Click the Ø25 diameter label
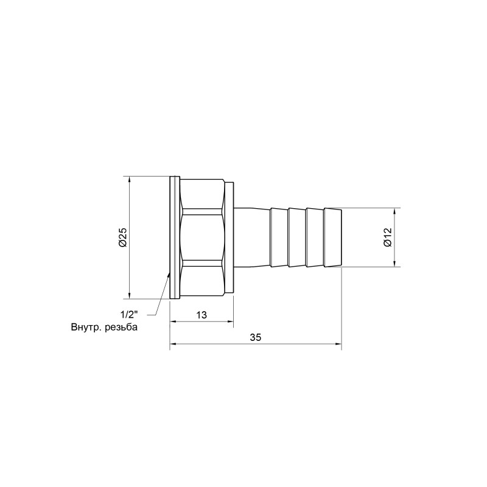coord(122,237)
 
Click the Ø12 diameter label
coord(387,237)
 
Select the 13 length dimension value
coord(201,315)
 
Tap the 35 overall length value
coord(255,338)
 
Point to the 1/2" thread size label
coord(130,315)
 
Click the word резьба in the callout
coord(120,328)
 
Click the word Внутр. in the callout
coord(85,328)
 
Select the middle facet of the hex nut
coord(203,237)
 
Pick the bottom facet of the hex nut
coord(203,280)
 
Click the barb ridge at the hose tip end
coord(332,237)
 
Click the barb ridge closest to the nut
coord(278,237)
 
